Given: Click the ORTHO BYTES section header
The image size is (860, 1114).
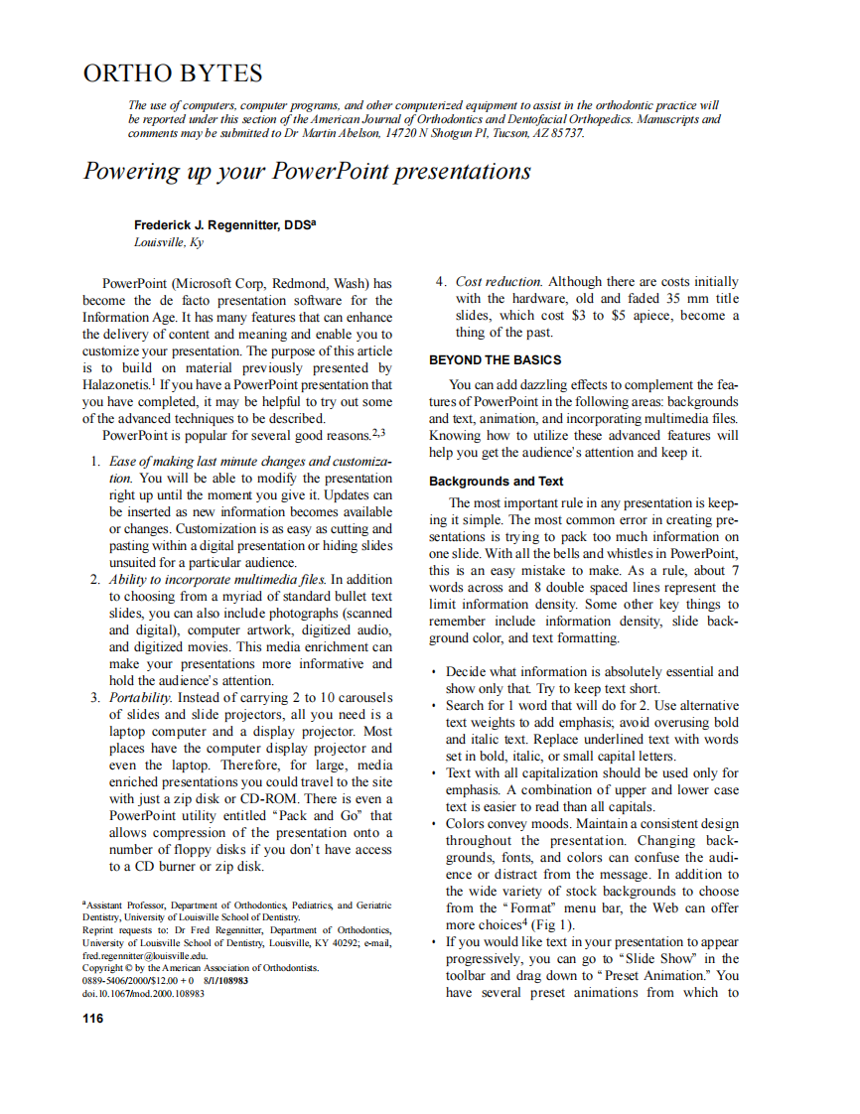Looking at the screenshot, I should (x=173, y=73).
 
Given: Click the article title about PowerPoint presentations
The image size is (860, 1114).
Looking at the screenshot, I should (x=306, y=171).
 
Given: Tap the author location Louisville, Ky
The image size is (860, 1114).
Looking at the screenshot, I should (x=169, y=241).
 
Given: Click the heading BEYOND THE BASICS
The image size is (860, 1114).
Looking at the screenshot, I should (x=495, y=359).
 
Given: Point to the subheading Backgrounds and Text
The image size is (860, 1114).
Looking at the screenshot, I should (x=496, y=482).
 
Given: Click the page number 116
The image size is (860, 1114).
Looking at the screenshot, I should (x=92, y=1018).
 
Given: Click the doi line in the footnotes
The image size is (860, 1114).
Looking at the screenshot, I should (x=143, y=992).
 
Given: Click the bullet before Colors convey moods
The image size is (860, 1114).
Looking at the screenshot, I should (x=435, y=824).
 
